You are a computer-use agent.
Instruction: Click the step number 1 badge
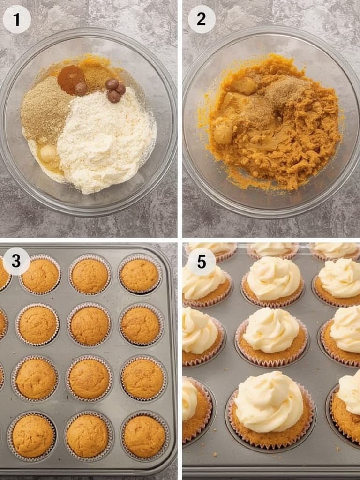coord(17,19)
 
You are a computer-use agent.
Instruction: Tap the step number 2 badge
coord(202,19)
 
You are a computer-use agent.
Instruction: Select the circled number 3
coord(16,261)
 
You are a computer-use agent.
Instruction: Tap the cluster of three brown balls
coord(114,90)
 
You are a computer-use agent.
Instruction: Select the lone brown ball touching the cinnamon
coord(81,89)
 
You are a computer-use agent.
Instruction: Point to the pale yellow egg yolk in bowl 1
coord(48,153)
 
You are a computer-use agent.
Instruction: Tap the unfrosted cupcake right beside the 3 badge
coord(40,275)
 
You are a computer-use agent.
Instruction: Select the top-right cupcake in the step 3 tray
coord(140,275)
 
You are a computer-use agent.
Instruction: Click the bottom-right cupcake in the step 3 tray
coord(144,436)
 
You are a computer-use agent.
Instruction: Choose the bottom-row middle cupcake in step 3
coord(88,435)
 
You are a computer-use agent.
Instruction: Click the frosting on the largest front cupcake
coord(269,401)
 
